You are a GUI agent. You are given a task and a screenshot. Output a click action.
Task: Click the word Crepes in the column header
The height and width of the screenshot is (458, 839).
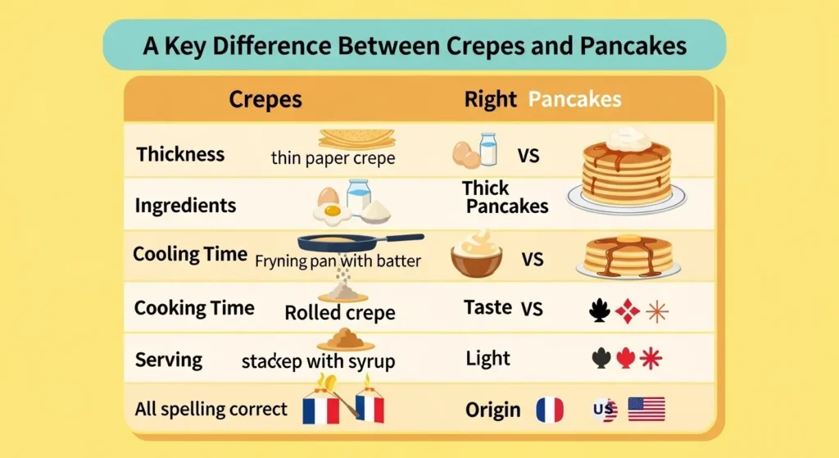(x=265, y=100)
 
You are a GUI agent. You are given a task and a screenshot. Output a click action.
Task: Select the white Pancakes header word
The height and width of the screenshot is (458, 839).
(x=574, y=100)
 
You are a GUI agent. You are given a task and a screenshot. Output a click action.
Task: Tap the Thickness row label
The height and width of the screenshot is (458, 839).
(x=180, y=154)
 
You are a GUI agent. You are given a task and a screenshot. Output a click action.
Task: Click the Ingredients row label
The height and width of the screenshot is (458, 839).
(x=185, y=205)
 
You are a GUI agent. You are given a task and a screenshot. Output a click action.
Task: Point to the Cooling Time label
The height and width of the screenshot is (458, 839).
(x=189, y=254)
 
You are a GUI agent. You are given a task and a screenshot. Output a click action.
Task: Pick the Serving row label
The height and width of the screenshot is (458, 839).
(x=169, y=359)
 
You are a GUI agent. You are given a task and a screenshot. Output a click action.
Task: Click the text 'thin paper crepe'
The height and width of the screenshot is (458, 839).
(x=333, y=158)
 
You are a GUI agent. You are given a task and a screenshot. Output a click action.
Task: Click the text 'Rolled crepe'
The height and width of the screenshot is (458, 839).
(x=339, y=312)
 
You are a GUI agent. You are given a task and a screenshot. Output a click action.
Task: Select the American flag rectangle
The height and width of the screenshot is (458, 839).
(x=646, y=409)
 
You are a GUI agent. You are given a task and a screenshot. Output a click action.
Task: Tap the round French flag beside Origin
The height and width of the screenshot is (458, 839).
(x=549, y=409)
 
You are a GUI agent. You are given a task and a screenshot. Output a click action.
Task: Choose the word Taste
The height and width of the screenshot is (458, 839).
(x=488, y=307)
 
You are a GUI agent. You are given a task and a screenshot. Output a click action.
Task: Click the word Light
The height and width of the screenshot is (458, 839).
(x=488, y=358)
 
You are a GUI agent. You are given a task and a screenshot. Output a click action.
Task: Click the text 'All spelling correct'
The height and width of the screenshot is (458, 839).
(x=211, y=409)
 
